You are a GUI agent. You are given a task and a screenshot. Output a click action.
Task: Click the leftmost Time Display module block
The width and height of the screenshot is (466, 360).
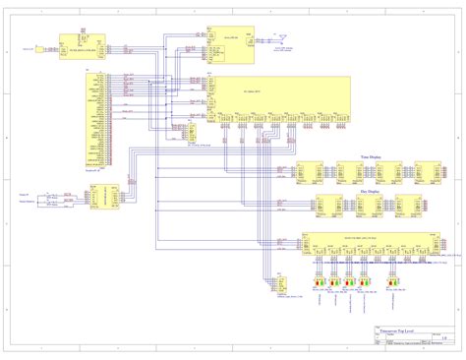pyautogui.click(x=311, y=172)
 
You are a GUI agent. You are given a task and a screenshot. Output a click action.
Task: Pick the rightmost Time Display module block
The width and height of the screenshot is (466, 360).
pyautogui.click(x=415, y=172)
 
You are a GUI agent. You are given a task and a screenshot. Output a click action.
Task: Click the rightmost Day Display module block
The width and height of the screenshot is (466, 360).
pyautogui.click(x=409, y=206)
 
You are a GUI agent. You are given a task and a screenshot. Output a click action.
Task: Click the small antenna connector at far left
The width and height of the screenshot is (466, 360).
pyautogui.click(x=39, y=48)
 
